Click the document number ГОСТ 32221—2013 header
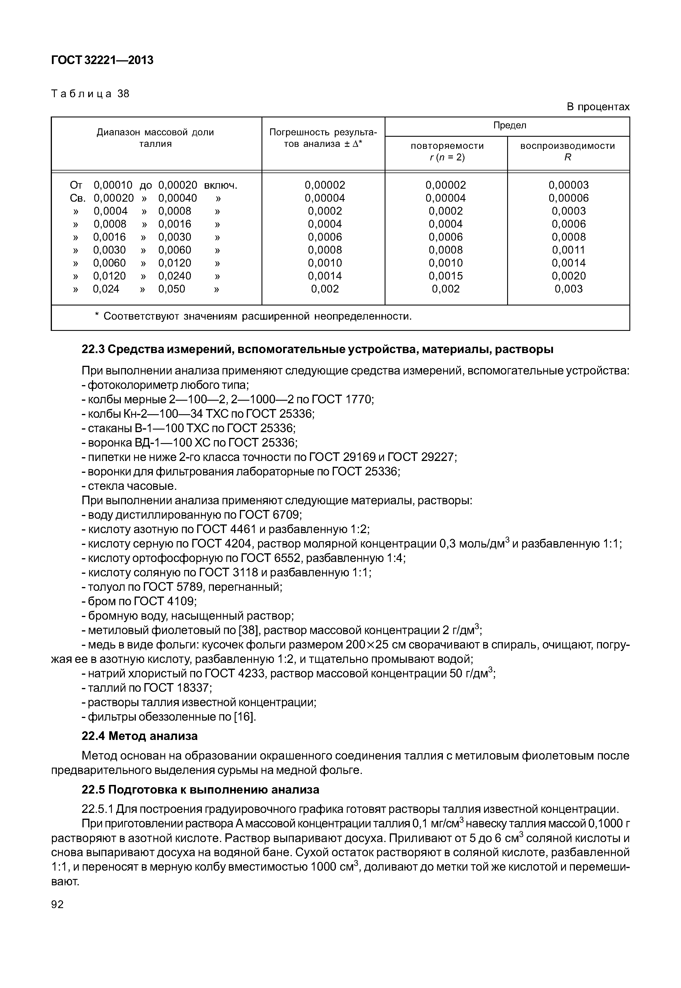pyautogui.click(x=102, y=60)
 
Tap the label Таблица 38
pyautogui.click(x=90, y=93)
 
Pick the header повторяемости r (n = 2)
pyautogui.click(x=447, y=151)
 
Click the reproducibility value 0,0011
pyautogui.click(x=568, y=250)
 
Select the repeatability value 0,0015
pyautogui.click(x=446, y=276)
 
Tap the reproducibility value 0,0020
pyautogui.click(x=568, y=276)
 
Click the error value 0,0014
pyautogui.click(x=325, y=276)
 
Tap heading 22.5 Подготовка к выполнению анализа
pyautogui.click(x=200, y=790)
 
